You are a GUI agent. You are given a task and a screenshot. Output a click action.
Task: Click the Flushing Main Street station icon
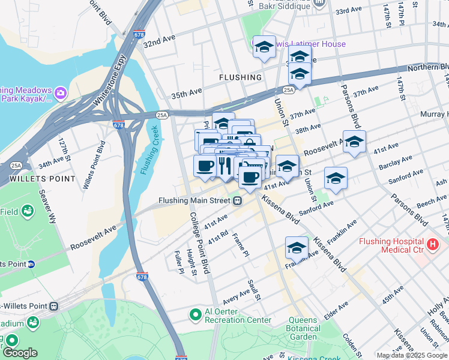tap(238, 201)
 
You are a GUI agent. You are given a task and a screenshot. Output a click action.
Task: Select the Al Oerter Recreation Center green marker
tap(195, 314)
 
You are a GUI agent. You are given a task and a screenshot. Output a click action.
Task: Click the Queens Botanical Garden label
tap(303, 328)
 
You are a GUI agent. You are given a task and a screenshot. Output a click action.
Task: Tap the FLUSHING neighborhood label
tap(240, 77)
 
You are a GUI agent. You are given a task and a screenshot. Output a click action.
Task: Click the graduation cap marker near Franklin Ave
tap(296, 247)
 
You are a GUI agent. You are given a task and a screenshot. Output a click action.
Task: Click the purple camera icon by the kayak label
tap(60, 93)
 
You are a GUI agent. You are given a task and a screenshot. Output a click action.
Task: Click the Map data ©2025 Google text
tap(412, 355)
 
